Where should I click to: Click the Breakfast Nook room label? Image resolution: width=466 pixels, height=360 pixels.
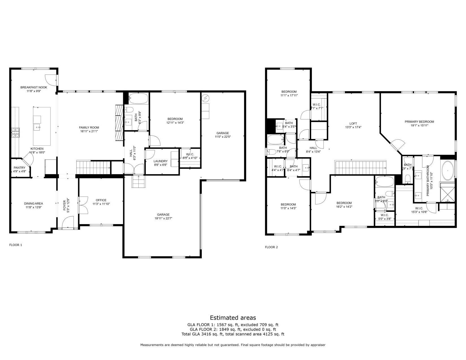[x=34, y=87]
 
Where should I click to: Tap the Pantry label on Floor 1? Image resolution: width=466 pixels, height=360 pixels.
[x=19, y=168]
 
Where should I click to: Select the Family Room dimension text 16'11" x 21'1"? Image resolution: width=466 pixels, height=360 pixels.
[x=89, y=131]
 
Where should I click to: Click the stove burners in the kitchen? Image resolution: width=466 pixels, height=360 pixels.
[x=16, y=132]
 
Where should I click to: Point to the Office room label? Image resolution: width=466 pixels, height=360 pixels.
[x=101, y=200]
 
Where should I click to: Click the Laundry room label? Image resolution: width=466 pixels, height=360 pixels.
[x=160, y=161]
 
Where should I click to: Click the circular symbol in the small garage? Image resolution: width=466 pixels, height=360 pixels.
[x=205, y=98]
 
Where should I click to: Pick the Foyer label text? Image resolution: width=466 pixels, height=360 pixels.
[x=64, y=206]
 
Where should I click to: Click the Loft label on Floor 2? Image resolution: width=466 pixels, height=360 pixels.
[x=353, y=123]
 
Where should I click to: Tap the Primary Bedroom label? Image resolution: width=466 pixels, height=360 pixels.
[x=419, y=122]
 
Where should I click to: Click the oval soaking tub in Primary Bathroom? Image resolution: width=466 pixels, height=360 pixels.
[x=447, y=171]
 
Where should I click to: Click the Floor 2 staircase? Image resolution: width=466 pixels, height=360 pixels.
[x=360, y=167]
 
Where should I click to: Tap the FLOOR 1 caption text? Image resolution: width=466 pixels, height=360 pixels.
[x=16, y=245]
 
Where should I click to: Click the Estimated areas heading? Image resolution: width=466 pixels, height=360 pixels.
[x=233, y=318]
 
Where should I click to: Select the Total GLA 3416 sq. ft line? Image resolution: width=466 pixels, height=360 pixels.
[x=233, y=334]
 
